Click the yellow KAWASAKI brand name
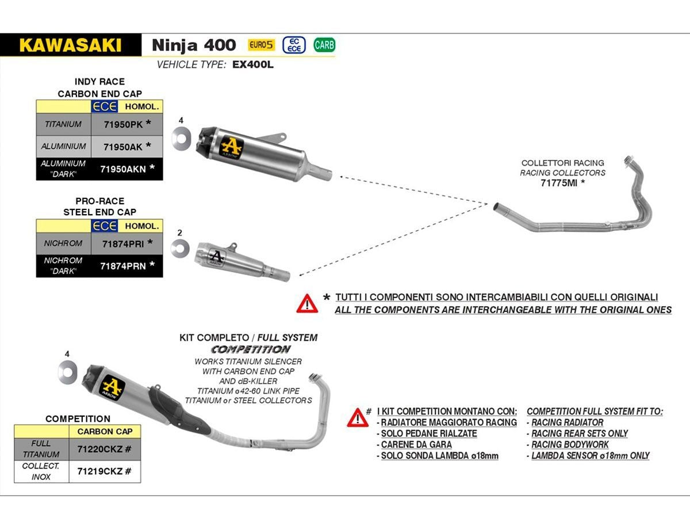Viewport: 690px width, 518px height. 70,45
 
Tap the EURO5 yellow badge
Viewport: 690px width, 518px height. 261,45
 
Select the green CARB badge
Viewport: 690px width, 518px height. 324,45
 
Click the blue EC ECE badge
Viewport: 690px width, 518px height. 294,45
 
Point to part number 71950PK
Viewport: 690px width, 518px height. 123,124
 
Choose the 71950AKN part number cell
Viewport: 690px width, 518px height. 127,169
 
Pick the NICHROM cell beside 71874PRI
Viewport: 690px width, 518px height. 63,243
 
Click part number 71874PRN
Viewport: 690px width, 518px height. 123,266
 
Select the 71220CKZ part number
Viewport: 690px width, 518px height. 99,449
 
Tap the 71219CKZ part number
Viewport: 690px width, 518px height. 99,471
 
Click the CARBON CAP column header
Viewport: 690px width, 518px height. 105,432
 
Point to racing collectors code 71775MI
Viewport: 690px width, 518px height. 558,182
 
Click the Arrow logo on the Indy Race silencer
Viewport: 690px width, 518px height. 232,147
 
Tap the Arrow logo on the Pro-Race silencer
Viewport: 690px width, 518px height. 217,258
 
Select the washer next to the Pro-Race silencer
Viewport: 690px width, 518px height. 180,248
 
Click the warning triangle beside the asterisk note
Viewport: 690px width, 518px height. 307,303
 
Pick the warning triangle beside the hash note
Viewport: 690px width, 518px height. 358,418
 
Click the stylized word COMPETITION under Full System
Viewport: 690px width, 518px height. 251,349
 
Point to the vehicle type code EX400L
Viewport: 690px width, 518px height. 253,65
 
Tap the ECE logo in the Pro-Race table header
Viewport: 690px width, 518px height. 105,226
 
